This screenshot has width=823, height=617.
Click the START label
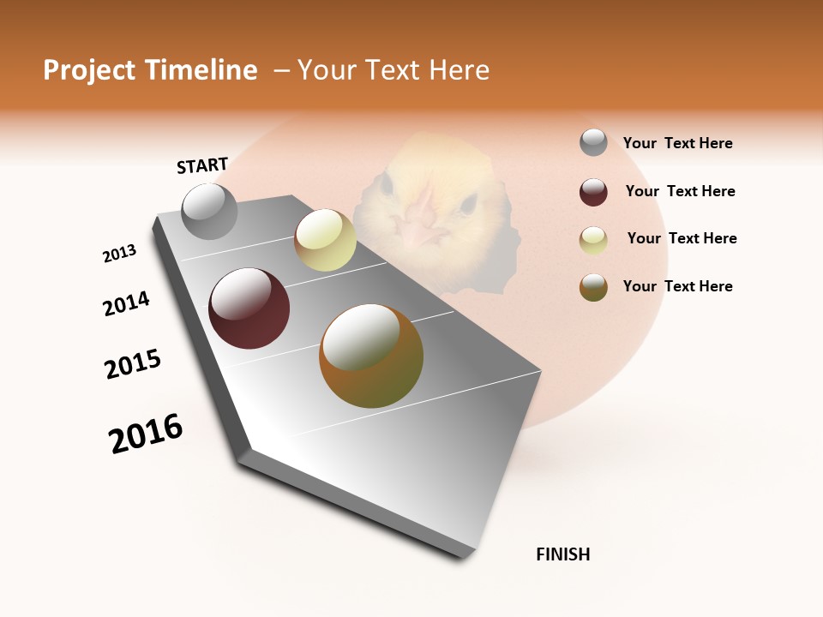(x=202, y=165)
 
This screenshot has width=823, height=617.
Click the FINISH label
(x=562, y=554)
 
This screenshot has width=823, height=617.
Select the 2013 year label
(x=119, y=254)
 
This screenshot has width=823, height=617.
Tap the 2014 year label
(x=126, y=304)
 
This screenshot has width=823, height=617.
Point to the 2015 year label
(x=133, y=364)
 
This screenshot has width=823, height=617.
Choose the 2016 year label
(x=146, y=433)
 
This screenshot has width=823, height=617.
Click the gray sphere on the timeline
(x=209, y=211)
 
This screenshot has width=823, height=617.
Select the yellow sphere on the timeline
(x=325, y=240)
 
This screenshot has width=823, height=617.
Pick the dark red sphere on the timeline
(x=249, y=308)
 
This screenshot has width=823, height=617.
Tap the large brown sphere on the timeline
(x=371, y=356)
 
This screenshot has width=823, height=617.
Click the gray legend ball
(x=593, y=143)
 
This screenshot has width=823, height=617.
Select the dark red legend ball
(x=593, y=192)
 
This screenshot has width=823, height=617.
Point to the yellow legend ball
(x=593, y=240)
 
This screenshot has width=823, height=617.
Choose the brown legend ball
(x=593, y=287)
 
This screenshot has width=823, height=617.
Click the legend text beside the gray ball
(x=677, y=143)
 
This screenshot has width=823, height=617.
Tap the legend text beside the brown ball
(x=677, y=286)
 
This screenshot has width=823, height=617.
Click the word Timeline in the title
(x=201, y=70)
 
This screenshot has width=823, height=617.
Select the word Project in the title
(x=89, y=70)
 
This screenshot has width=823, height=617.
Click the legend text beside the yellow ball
(x=682, y=238)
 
